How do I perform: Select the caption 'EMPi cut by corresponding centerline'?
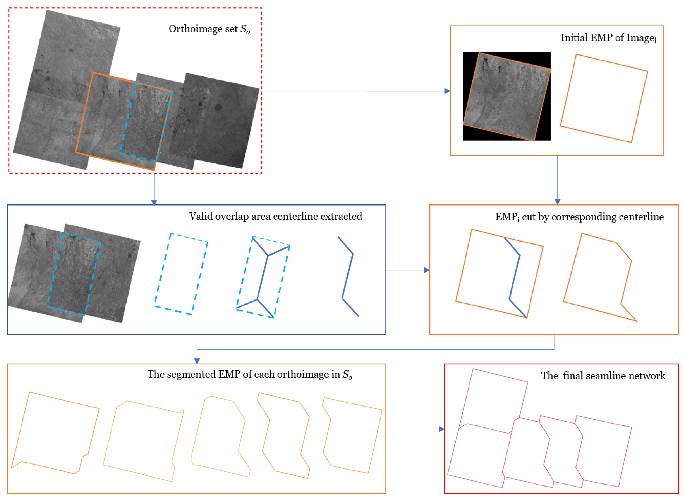tap(579, 217)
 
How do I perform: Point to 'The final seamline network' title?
tap(603, 376)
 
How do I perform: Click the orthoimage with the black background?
tap(506, 96)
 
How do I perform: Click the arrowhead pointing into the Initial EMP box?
tap(447, 91)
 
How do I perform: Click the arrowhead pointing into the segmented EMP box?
tap(197, 361)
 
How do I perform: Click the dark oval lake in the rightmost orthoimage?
tap(218, 108)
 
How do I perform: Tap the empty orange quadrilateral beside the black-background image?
tap(604, 98)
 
